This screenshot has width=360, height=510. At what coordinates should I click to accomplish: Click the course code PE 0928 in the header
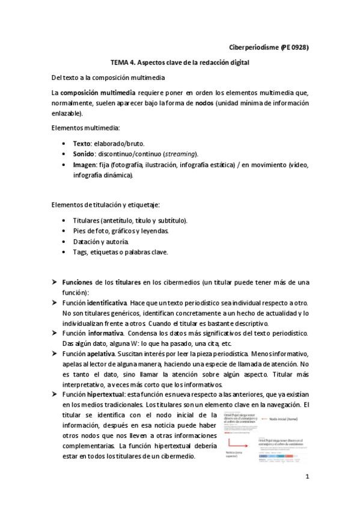pos(293,47)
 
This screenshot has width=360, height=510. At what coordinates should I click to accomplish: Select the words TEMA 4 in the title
pos(125,63)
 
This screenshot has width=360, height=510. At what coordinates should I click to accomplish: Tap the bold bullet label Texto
pos(81,144)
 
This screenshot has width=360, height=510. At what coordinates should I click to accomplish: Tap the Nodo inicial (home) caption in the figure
pos(284,419)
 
